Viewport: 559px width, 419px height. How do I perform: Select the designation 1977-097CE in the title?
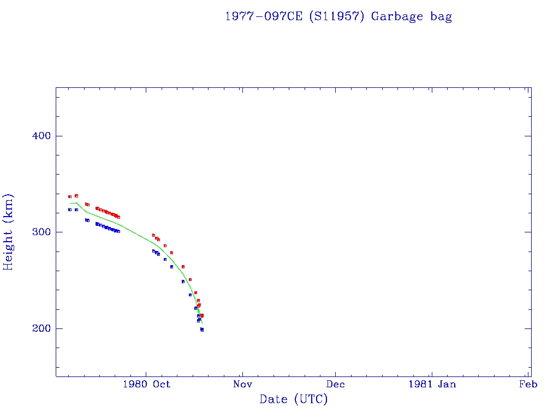264,16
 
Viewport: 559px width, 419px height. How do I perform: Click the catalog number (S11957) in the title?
336,16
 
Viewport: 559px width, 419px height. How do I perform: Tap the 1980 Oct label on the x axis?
146,384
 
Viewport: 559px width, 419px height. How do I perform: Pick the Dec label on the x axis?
336,384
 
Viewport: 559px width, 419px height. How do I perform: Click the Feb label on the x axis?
528,384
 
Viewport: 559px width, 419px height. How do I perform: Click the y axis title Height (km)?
9,232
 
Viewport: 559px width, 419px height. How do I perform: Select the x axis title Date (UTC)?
294,399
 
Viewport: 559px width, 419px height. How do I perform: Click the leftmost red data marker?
70,196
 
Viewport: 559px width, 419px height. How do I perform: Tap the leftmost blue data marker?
70,209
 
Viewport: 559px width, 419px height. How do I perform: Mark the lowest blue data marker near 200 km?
202,330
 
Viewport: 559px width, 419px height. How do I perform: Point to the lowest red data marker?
202,315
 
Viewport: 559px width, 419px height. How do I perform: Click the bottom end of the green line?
202,324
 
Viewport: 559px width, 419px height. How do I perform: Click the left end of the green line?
70,203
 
